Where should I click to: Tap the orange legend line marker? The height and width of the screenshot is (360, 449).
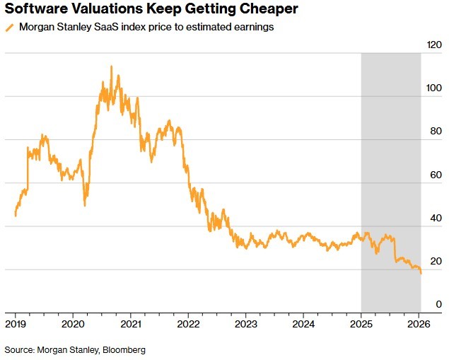click(8, 28)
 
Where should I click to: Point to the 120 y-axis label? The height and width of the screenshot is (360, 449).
click(433, 45)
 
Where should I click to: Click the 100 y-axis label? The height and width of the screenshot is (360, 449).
click(433, 88)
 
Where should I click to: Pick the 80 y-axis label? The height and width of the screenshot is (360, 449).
click(436, 132)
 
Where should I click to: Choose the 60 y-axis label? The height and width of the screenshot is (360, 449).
click(436, 175)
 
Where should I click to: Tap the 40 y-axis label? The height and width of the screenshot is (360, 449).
click(436, 218)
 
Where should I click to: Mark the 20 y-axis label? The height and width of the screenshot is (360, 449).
click(436, 261)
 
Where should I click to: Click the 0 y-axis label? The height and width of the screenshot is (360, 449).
click(438, 304)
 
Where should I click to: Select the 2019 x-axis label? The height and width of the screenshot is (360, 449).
click(16, 324)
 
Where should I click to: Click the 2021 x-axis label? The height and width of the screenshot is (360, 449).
click(130, 324)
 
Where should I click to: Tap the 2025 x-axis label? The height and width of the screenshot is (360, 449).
click(361, 324)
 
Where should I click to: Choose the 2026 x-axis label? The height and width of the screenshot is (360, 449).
click(419, 324)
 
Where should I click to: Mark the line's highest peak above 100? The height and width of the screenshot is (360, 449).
click(111, 66)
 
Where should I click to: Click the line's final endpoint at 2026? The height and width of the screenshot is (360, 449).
click(421, 273)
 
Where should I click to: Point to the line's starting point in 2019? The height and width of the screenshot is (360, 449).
click(15, 215)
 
